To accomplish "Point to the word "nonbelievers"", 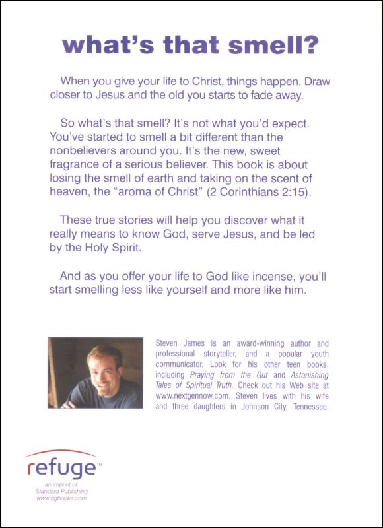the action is click(86, 150).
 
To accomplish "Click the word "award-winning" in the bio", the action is click(264, 343).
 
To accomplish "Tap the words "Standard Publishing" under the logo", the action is click(62, 492).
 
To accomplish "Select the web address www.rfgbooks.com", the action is click(61, 499).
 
